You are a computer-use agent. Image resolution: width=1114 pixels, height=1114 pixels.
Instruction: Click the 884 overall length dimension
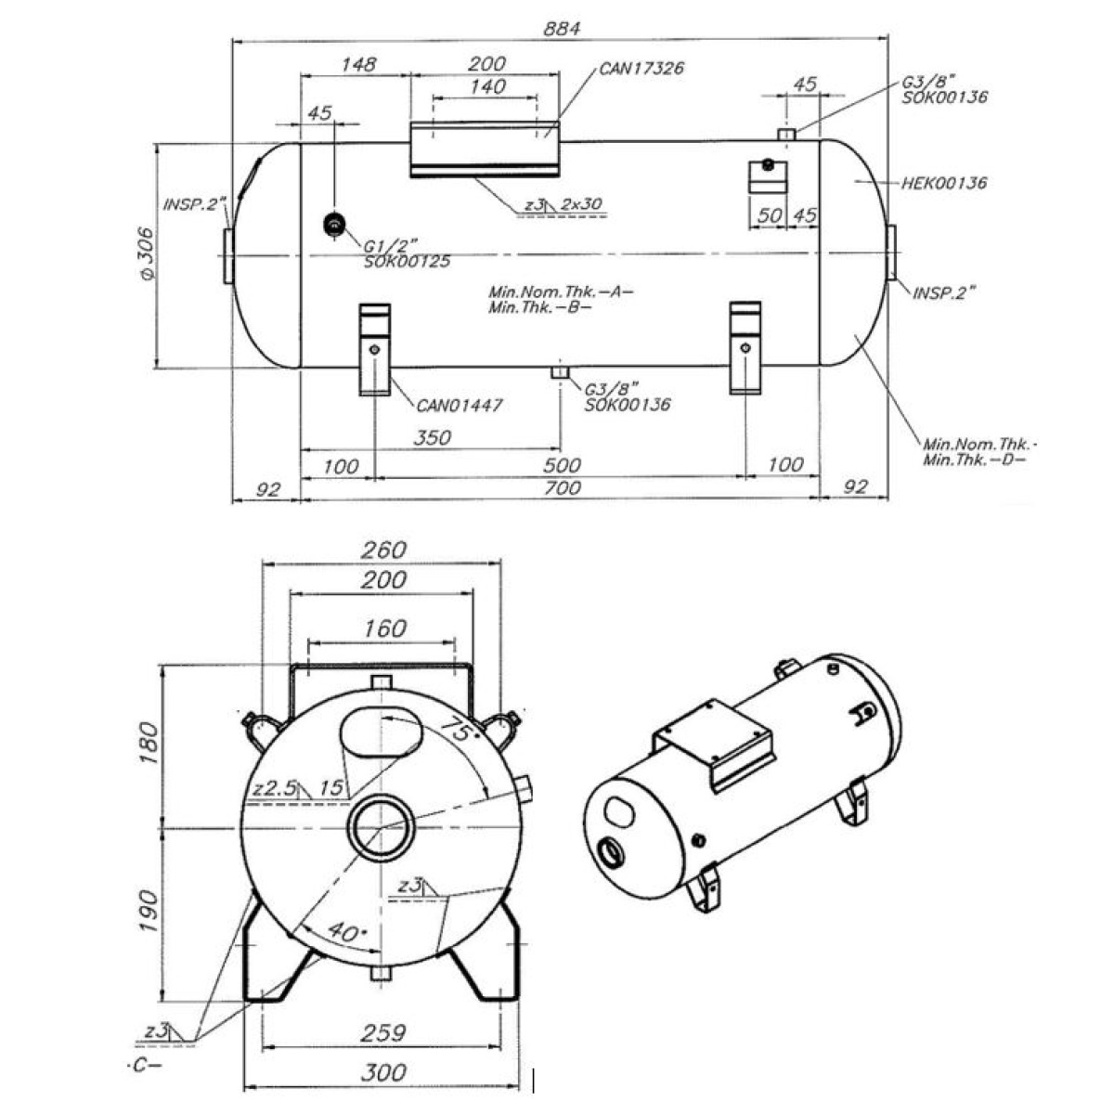coord(563,29)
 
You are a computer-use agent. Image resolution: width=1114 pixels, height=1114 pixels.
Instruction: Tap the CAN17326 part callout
coord(641,68)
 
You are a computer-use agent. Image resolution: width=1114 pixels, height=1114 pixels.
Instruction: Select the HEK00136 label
coord(944,183)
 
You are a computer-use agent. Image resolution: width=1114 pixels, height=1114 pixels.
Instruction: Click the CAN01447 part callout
coord(459,406)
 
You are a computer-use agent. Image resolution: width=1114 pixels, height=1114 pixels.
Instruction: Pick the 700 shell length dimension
coord(563,488)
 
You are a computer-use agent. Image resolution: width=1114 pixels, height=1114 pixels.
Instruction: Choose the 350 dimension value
coord(431,437)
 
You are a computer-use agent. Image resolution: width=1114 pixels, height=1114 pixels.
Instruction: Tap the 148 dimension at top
coord(358,64)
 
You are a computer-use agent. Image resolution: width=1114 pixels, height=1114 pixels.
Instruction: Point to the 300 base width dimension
coord(382,1073)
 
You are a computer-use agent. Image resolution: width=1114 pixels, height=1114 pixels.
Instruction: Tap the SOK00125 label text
coord(407,262)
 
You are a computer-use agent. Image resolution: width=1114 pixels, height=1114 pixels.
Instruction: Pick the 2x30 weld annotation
coord(582,204)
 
